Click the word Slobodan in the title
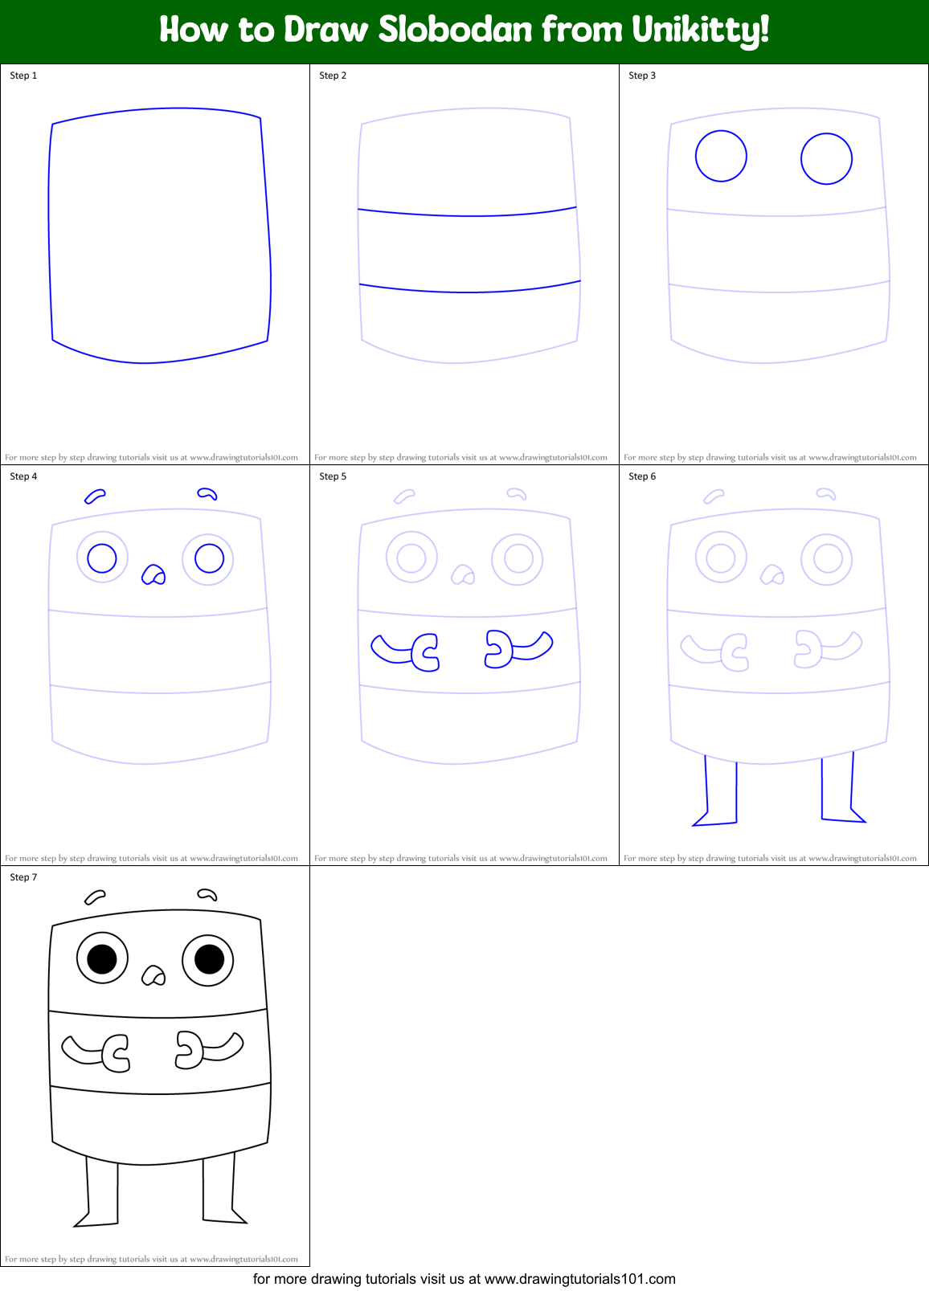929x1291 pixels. tap(455, 30)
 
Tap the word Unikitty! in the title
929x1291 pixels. tap(700, 31)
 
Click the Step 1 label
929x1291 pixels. tap(23, 76)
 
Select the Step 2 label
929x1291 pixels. tap(333, 76)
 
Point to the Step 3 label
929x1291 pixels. tap(642, 76)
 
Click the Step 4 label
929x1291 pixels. tap(23, 476)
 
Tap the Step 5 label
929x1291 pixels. tap(333, 476)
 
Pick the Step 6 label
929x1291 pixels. tap(642, 476)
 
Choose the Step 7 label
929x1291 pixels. tap(23, 877)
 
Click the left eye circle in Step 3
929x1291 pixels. tap(721, 156)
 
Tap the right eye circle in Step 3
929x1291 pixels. tap(826, 159)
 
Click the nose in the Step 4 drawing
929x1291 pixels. tap(153, 574)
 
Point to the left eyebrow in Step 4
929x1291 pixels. tap(95, 496)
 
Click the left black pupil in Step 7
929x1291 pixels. tap(102, 958)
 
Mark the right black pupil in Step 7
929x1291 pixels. tap(209, 959)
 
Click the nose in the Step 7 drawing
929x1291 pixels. tap(153, 975)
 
